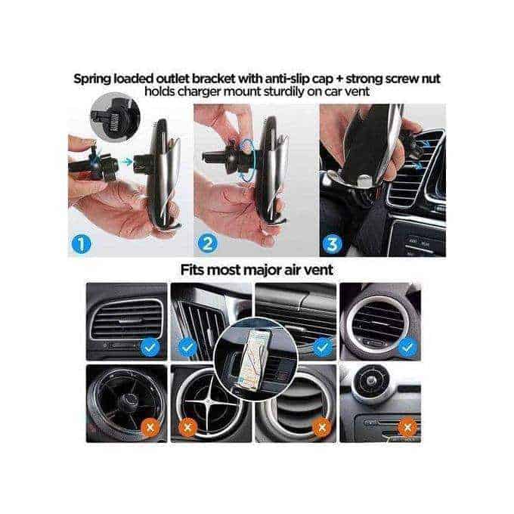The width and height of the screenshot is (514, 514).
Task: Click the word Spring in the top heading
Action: coord(95,78)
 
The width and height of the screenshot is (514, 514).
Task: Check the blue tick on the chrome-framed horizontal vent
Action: coord(149,347)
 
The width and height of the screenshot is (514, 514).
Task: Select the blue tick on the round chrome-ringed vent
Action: coord(408,347)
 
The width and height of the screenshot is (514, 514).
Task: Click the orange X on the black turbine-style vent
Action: coord(149,427)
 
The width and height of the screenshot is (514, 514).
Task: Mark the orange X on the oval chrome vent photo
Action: coord(323,427)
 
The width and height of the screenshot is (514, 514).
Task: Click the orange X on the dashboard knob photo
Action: coord(408,427)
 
